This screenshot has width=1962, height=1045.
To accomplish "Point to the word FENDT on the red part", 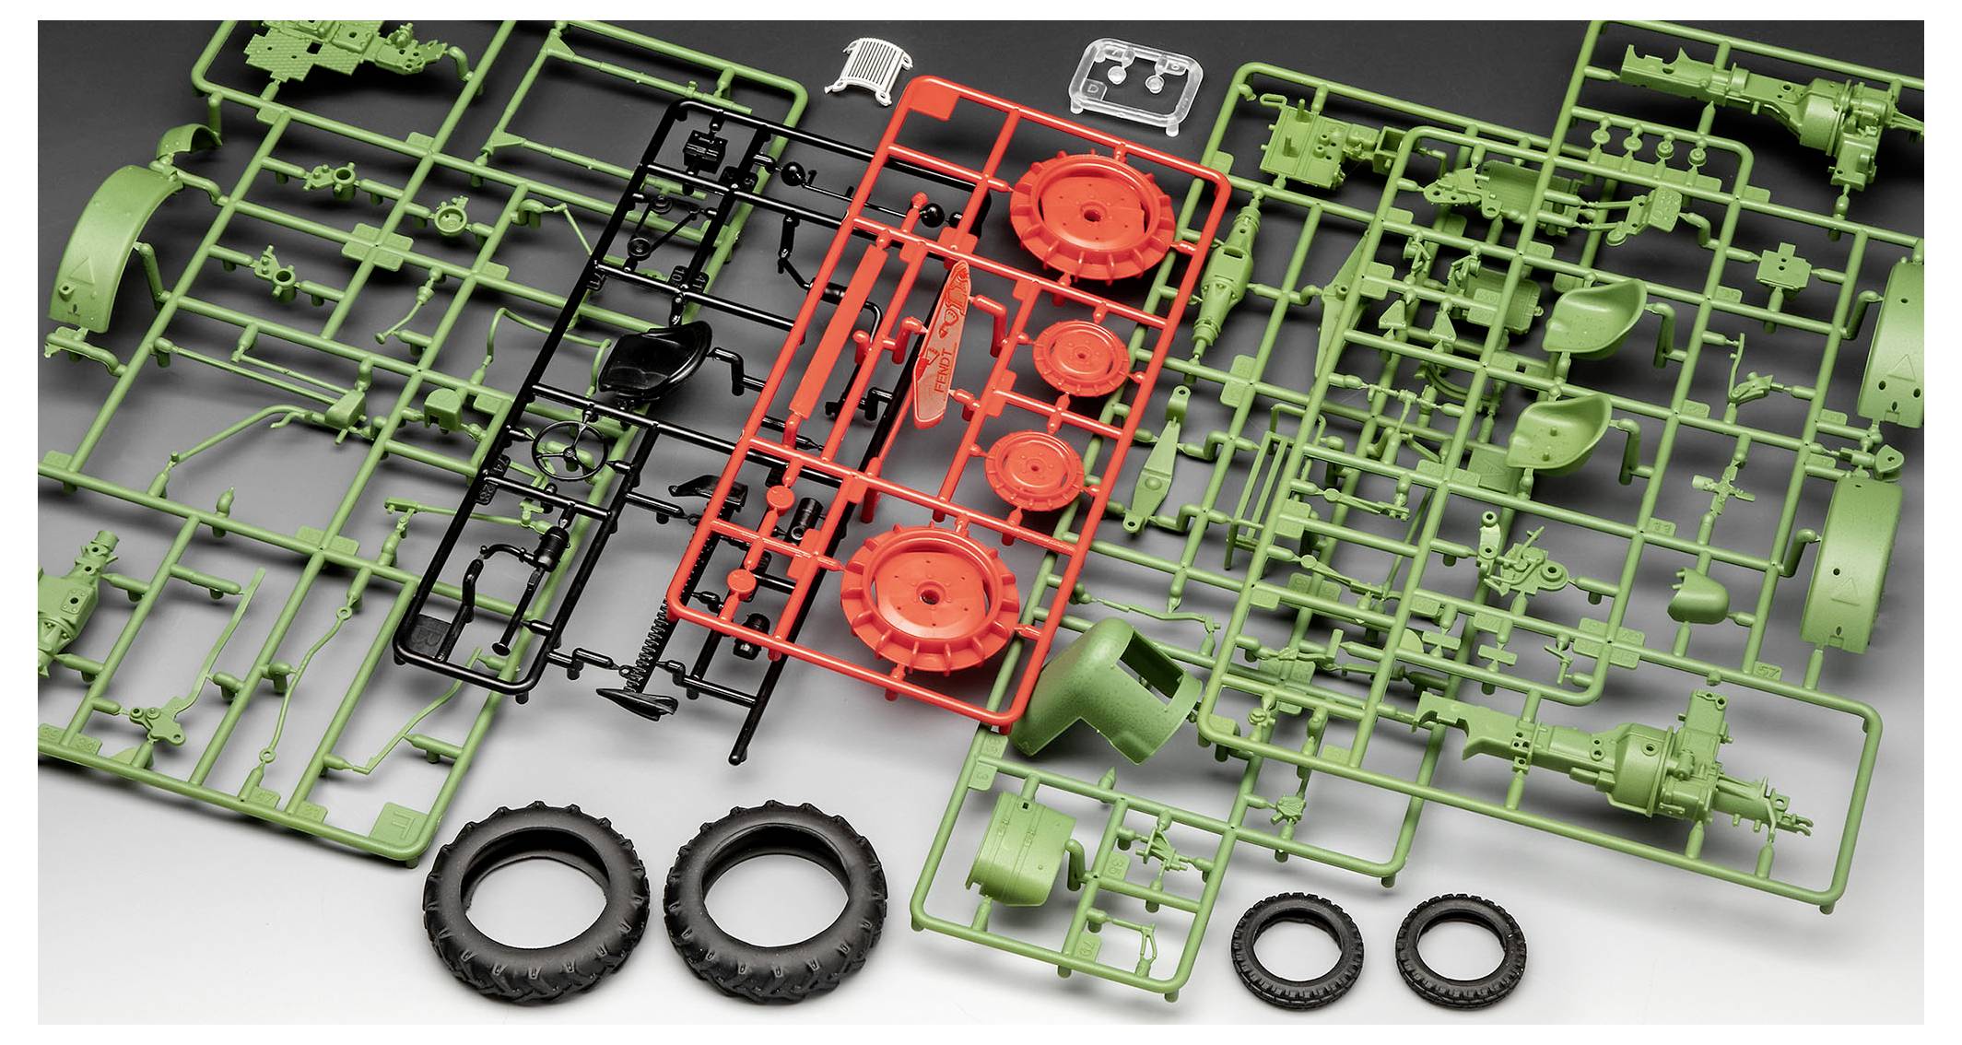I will pos(937,387).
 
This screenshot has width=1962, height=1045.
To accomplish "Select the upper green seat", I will pos(1594,307).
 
